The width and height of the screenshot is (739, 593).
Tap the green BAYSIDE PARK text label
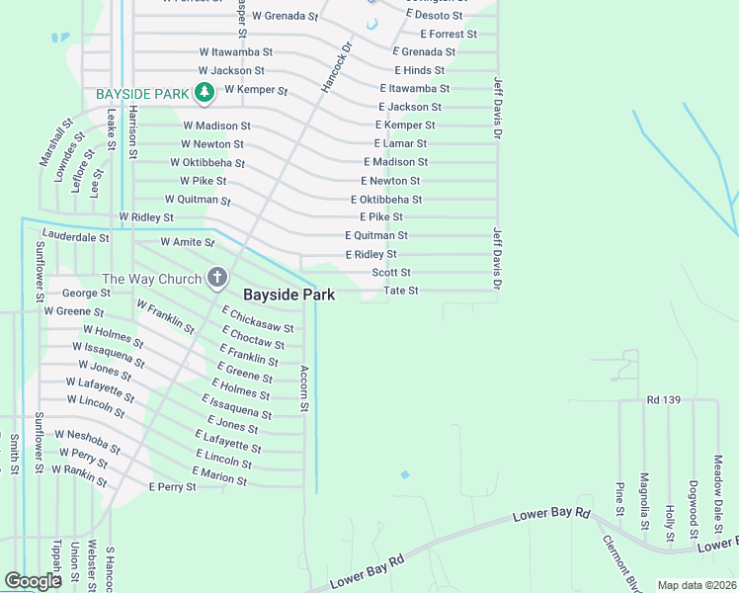coord(142,94)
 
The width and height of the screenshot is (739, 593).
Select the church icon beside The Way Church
coord(217,280)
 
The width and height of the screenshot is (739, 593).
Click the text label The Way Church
coord(151,280)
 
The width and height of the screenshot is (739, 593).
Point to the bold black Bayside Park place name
coord(289,295)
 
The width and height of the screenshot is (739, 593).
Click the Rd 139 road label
coord(665,400)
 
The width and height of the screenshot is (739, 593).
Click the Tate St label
coord(401,291)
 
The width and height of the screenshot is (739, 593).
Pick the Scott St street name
coord(391,273)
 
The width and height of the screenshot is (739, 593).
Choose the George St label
coord(86,294)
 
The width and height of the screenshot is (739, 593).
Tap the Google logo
coord(33,581)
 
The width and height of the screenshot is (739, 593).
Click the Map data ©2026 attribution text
coord(697,585)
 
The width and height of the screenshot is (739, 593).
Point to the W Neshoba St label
coord(87,441)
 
